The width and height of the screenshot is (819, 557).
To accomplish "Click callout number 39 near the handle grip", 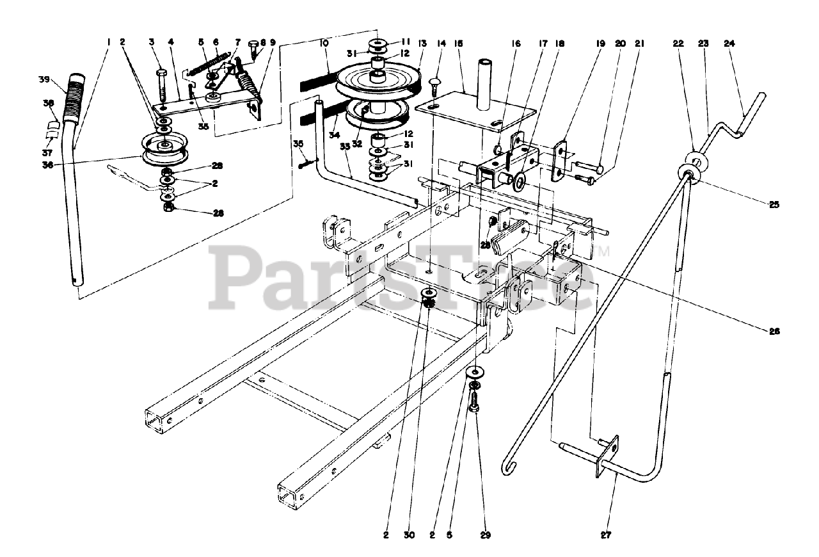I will click(44, 79).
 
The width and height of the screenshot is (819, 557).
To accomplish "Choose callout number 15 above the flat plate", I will click(458, 44).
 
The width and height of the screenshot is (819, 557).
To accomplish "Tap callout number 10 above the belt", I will click(324, 44).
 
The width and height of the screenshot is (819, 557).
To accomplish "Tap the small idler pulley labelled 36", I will click(164, 149).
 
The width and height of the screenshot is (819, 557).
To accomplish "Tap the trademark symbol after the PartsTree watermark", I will click(603, 252).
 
